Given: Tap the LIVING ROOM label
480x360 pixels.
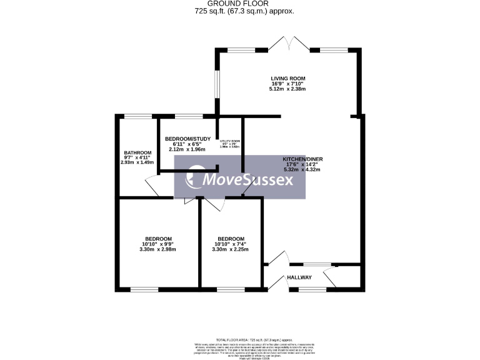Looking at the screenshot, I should click(x=287, y=78).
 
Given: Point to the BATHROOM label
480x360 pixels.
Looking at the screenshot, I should click(x=137, y=153).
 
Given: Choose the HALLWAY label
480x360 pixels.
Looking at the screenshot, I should click(x=299, y=277).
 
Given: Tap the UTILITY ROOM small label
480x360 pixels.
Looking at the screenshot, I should click(x=229, y=142).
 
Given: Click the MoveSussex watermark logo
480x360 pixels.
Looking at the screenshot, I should click(x=240, y=180).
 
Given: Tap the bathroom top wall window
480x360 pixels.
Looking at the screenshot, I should click(x=137, y=116).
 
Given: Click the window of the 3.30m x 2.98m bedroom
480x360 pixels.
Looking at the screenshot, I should click(x=144, y=289).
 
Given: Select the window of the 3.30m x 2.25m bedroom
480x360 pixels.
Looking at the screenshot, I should click(x=231, y=289).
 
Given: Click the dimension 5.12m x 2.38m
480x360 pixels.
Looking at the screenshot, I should click(x=287, y=89).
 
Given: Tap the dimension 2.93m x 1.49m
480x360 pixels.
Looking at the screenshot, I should click(x=137, y=162).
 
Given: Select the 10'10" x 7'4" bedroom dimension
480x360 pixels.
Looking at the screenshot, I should click(x=231, y=244).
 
